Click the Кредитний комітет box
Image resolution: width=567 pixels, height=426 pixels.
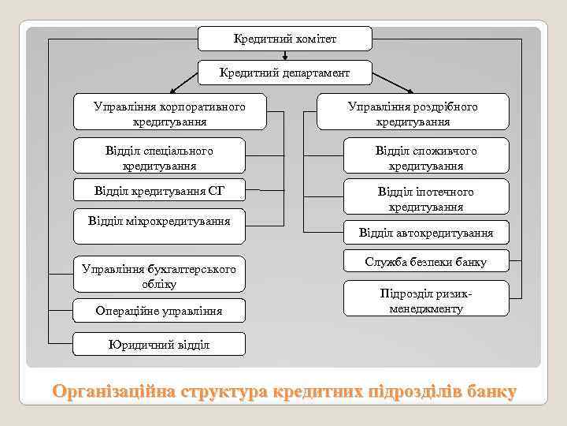pos(273,38)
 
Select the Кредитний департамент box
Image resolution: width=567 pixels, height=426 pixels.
pos(284,73)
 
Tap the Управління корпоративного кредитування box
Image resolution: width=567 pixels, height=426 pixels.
pos(170,114)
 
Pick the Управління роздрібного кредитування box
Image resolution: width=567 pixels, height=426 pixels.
pos(413,114)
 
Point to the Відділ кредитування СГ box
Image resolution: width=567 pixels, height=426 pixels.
pos(159,190)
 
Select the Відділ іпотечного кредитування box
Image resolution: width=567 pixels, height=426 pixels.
pos(426,199)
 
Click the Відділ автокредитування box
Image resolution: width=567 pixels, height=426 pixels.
pos(426,232)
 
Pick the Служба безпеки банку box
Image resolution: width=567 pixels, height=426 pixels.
pos(426,262)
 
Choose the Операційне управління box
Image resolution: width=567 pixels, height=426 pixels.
pos(159,311)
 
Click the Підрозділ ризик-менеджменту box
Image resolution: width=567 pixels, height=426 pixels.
pos(426,301)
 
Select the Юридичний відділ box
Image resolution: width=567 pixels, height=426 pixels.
pos(159,344)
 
